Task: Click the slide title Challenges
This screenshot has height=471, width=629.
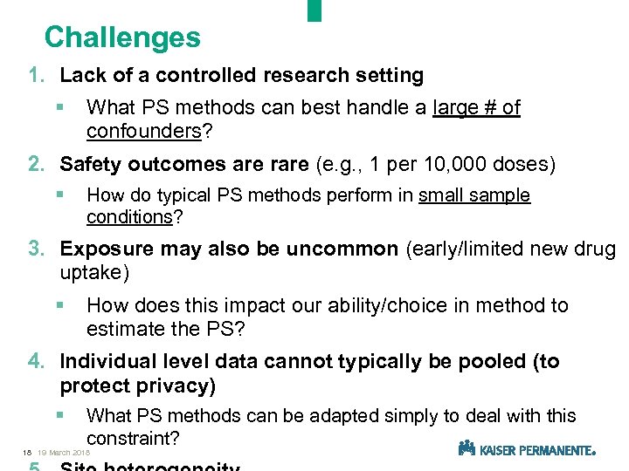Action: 122,38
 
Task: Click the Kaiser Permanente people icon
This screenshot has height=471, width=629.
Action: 467,448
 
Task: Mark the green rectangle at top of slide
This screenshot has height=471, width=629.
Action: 314,10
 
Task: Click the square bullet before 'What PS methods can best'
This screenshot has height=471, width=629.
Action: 59,108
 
